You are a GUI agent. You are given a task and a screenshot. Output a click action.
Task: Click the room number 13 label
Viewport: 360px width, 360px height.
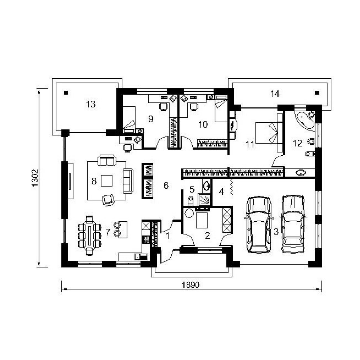[x=91, y=104]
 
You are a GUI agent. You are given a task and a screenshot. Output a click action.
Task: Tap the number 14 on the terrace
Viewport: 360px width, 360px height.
[x=275, y=94]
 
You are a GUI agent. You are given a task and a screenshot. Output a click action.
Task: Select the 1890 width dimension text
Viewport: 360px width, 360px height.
[x=191, y=285]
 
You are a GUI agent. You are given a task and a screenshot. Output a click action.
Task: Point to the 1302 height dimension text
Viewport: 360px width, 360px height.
[x=35, y=178]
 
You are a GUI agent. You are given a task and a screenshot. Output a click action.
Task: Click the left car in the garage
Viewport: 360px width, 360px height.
[x=259, y=225]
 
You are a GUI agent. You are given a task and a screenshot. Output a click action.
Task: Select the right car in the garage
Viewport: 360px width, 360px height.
[x=293, y=224]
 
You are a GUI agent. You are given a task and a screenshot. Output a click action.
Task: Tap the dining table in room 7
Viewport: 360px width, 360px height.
[x=90, y=236]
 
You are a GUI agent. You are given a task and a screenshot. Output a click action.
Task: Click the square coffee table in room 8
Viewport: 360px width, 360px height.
[x=107, y=181]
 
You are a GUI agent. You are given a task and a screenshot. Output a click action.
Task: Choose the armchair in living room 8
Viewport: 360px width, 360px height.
[x=108, y=200]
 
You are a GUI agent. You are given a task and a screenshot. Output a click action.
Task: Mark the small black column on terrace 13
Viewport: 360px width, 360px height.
[x=66, y=93]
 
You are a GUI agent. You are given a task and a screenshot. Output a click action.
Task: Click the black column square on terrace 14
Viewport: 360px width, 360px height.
[x=317, y=93]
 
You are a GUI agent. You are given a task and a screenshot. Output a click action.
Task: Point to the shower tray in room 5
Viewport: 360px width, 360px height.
[x=204, y=199]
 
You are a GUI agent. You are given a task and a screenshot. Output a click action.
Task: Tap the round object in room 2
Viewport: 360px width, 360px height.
[x=189, y=214]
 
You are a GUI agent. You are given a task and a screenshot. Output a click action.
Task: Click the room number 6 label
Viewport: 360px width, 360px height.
[x=166, y=185]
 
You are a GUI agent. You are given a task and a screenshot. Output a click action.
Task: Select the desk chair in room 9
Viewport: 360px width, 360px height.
[x=163, y=107]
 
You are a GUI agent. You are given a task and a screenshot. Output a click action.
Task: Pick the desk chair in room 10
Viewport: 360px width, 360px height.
[x=194, y=107]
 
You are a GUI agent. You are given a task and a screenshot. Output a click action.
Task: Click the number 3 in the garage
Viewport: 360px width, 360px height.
[x=276, y=232]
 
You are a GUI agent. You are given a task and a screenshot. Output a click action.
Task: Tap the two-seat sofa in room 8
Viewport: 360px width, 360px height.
[x=107, y=160]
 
